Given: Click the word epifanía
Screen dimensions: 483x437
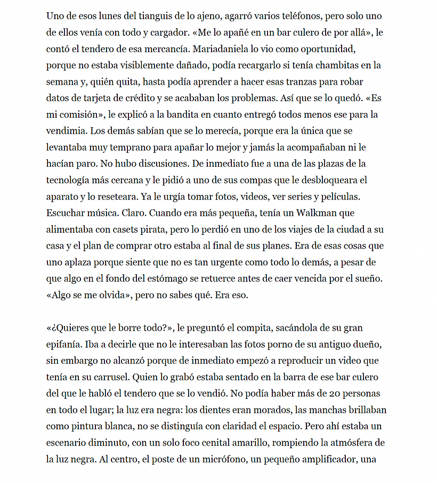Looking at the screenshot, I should click(x=65, y=344).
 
